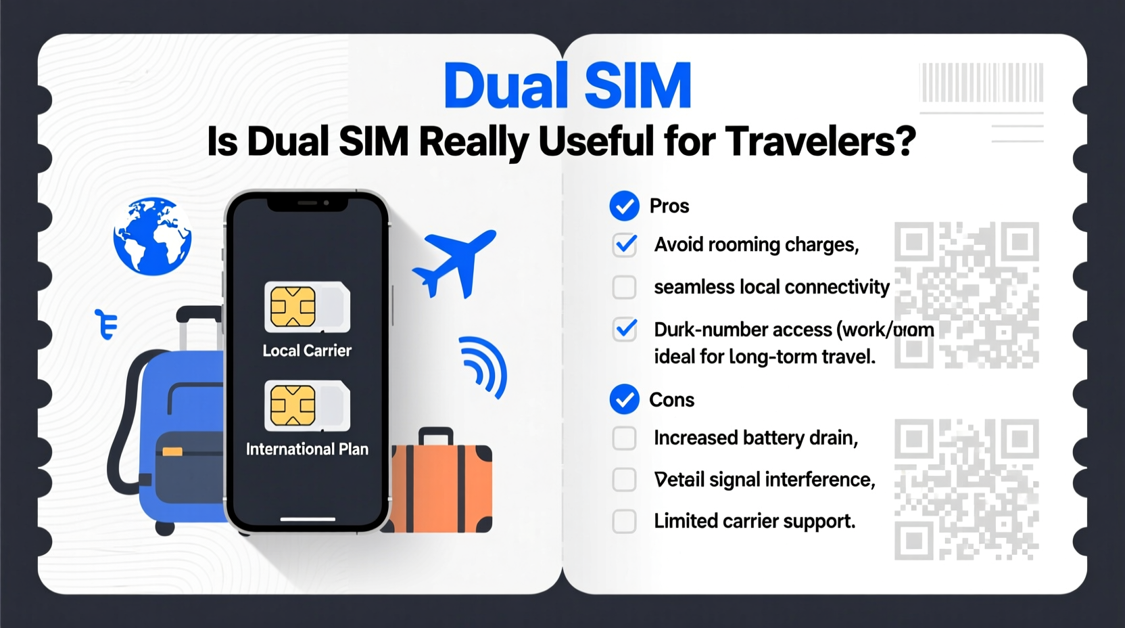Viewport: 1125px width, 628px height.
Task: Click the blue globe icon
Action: coord(152,236)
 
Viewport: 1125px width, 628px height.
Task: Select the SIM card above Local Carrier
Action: coord(307,307)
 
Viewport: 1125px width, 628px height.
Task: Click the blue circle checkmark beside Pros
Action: coord(624,206)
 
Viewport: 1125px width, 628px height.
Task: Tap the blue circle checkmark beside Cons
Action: coord(624,399)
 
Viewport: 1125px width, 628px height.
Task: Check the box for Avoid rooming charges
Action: coord(625,244)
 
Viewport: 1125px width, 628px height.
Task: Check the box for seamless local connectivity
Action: coord(625,287)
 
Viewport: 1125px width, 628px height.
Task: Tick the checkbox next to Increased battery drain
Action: coord(625,438)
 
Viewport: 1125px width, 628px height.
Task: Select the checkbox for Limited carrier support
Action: coord(625,521)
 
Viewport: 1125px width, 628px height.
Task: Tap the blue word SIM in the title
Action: coord(638,86)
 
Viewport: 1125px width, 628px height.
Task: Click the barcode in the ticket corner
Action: coord(982,82)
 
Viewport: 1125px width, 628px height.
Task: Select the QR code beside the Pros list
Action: coord(967,295)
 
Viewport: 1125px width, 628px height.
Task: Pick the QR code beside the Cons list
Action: coord(967,489)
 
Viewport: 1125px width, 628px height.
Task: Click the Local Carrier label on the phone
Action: coord(307,351)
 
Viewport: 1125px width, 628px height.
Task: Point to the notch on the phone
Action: coord(308,203)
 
